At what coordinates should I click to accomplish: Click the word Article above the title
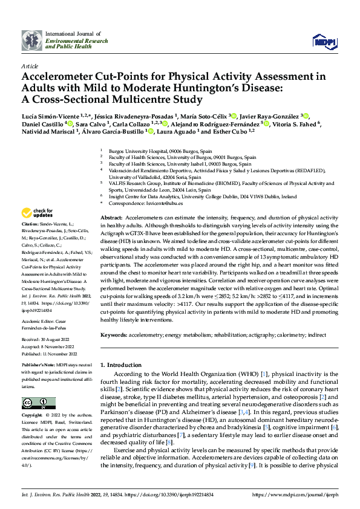click(29, 65)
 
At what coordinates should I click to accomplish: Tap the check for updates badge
click(38, 213)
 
